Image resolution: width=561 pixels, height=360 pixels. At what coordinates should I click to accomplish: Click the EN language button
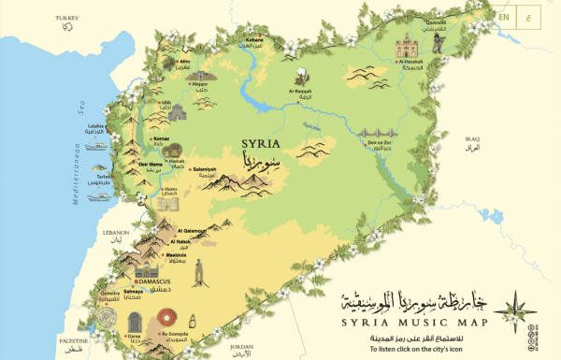click(504, 16)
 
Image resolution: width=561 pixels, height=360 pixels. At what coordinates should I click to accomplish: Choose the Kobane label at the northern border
click(252, 41)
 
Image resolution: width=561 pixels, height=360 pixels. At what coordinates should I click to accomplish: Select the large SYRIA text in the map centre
click(260, 146)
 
